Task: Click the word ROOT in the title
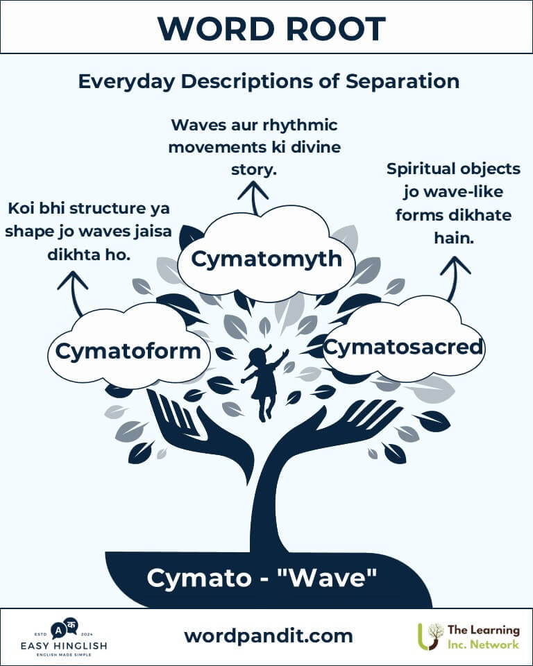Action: click(x=332, y=28)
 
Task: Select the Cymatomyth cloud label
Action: click(x=266, y=259)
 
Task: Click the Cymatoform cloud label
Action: click(x=128, y=352)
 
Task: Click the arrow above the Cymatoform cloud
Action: click(x=74, y=290)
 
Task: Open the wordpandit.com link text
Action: click(x=268, y=635)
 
